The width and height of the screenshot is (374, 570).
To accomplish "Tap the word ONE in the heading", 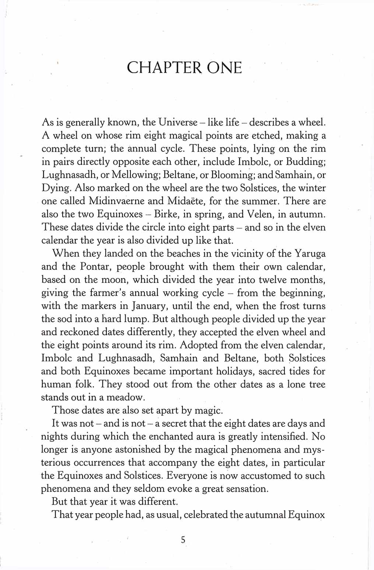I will tap(224, 68).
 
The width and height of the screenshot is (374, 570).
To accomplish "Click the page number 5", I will tap(183, 540).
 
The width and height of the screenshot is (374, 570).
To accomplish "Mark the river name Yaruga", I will tap(310, 253).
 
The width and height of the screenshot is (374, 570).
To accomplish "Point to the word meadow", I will tap(123, 398).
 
